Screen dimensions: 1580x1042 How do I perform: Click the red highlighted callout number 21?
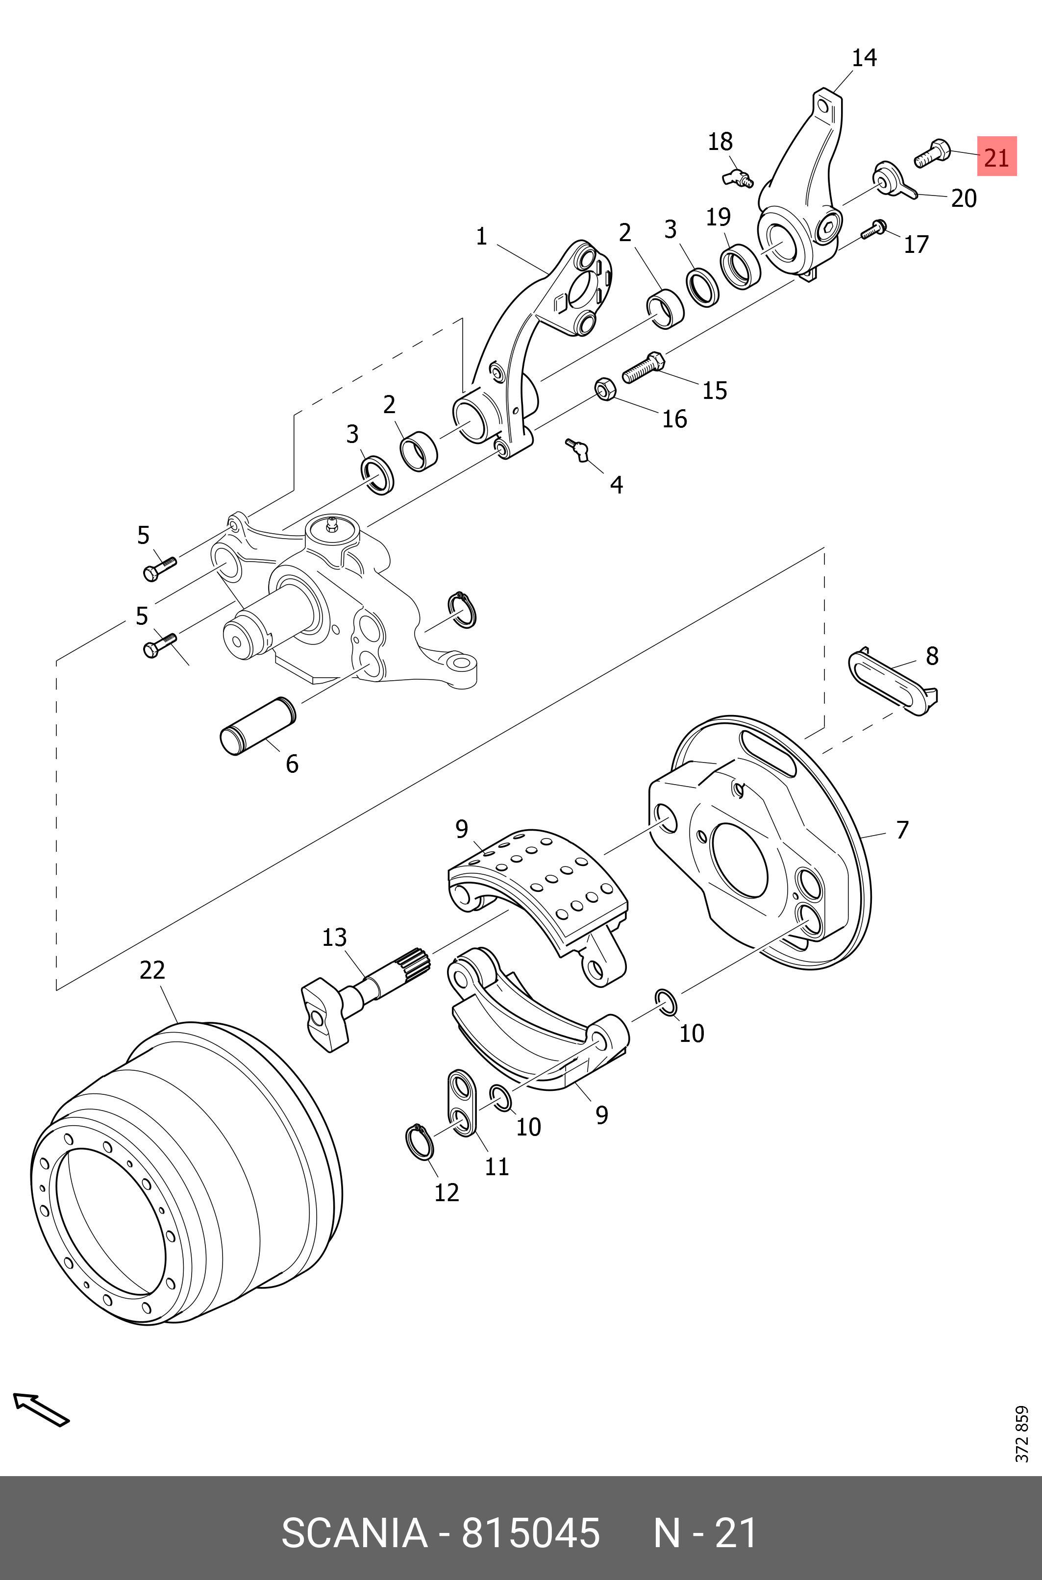pyautogui.click(x=996, y=157)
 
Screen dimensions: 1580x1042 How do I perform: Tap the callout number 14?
pyautogui.click(x=864, y=58)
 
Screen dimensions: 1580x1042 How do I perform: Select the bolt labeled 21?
pyautogui.click(x=932, y=153)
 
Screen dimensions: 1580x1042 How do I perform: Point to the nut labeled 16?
pyautogui.click(x=603, y=388)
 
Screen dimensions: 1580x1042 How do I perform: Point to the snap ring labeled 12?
pyautogui.click(x=419, y=1143)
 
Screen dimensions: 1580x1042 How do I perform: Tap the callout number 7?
pyautogui.click(x=902, y=830)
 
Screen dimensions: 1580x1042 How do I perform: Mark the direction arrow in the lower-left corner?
pyautogui.click(x=41, y=1409)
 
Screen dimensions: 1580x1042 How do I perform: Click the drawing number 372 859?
pyautogui.click(x=1021, y=1434)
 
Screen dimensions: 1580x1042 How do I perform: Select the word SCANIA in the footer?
pyautogui.click(x=354, y=1533)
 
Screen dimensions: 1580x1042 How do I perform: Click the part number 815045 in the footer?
pyautogui.click(x=530, y=1533)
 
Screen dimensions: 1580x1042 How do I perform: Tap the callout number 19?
pyautogui.click(x=718, y=217)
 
